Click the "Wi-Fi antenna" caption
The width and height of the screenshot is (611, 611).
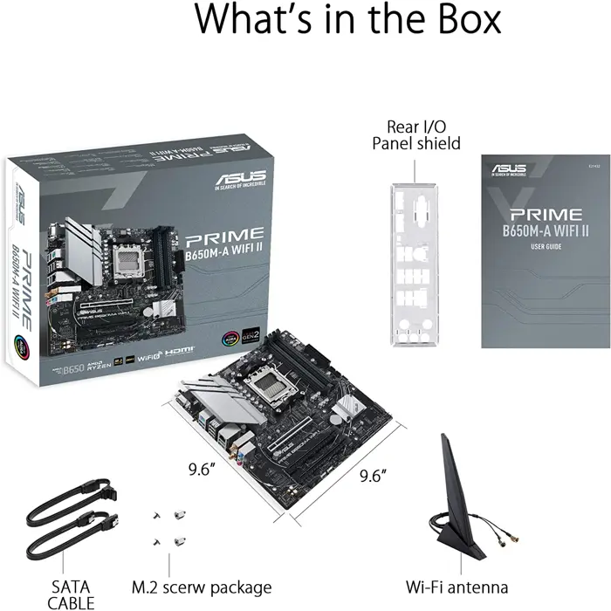click(x=457, y=587)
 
